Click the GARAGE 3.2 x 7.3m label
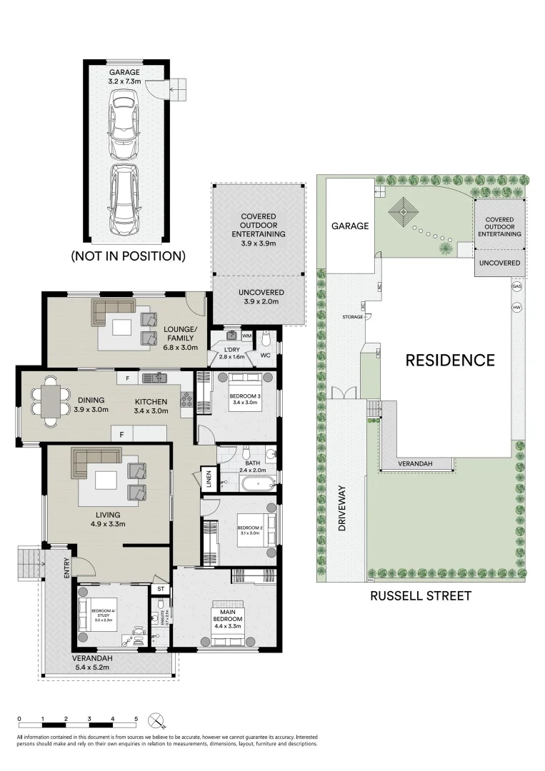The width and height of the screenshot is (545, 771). click(x=124, y=77)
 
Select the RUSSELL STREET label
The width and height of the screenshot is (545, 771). click(x=420, y=595)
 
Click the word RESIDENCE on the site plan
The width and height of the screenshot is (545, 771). click(x=449, y=360)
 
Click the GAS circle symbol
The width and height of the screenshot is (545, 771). click(x=516, y=286)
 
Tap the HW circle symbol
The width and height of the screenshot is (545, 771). click(x=516, y=308)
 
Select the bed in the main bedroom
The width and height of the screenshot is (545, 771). click(x=225, y=622)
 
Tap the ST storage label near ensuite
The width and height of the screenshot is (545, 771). click(x=161, y=589)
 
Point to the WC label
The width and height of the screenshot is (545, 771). click(x=265, y=355)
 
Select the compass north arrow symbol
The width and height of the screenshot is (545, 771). click(x=157, y=720)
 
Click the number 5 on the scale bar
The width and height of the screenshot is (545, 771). click(x=136, y=719)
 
